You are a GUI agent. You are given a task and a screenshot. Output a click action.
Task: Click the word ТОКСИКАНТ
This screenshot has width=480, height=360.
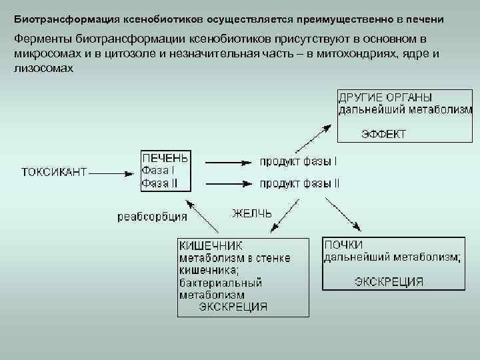54,172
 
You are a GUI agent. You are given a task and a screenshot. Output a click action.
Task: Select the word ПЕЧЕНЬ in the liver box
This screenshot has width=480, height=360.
165,158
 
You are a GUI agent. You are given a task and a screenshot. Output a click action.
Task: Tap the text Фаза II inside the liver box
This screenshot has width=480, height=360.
159,183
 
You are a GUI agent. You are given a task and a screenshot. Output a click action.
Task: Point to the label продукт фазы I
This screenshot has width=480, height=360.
298,161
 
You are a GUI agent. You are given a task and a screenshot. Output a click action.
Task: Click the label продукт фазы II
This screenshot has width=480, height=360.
299,183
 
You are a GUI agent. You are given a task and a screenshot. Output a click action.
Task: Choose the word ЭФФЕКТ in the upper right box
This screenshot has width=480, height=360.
383,134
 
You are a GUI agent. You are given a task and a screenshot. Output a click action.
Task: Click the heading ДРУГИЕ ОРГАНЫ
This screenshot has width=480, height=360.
385,97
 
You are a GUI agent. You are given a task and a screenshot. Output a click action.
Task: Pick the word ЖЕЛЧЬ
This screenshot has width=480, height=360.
251,213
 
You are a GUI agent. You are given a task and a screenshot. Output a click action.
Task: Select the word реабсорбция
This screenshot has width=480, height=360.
152,216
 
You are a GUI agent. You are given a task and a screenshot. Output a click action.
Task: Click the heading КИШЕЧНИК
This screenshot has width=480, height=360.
210,245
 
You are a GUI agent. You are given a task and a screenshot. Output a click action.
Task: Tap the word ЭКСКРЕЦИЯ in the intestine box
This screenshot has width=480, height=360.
233,307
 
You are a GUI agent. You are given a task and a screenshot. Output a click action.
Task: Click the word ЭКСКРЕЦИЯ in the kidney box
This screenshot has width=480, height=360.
389,281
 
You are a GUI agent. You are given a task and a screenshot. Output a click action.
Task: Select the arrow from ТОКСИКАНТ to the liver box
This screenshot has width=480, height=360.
111,173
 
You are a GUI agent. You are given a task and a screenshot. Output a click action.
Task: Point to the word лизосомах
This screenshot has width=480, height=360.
43,68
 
